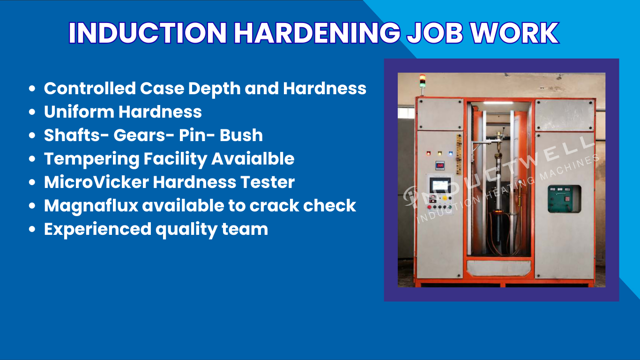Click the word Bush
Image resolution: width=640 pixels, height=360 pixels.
(241, 135)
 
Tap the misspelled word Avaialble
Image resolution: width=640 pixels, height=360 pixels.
(253, 158)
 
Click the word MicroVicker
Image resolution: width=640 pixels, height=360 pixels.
(96, 182)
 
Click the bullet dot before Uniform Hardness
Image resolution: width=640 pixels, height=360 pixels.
(32, 112)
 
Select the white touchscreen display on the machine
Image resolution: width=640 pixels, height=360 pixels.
(439, 184)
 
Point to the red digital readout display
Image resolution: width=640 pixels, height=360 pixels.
(440, 165)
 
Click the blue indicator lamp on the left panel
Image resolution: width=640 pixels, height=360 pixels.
(451, 153)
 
